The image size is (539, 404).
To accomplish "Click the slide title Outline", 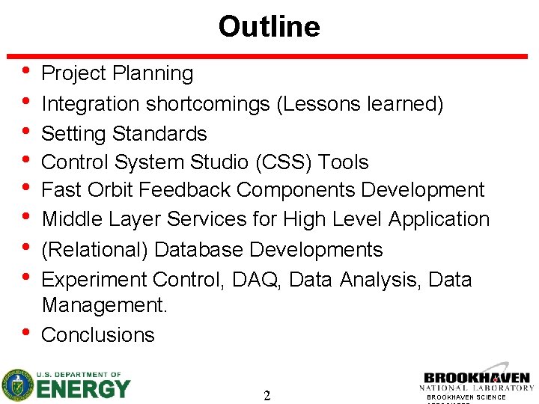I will click(x=269, y=27).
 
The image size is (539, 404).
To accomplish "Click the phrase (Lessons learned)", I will click(x=360, y=104).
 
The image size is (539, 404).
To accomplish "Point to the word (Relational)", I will click(x=92, y=250).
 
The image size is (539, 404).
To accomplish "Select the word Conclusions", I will click(x=98, y=335).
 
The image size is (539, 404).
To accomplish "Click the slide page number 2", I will click(x=267, y=395).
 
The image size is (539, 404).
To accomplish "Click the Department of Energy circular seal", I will click(x=16, y=385).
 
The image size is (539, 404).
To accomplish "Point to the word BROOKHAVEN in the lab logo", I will click(x=477, y=378).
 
